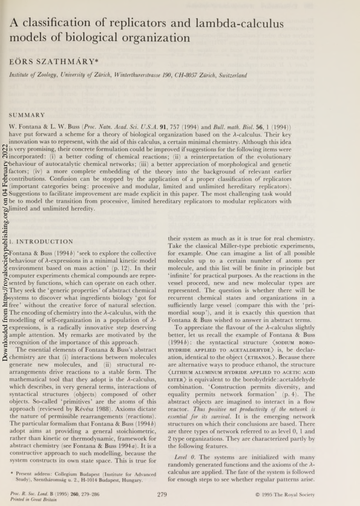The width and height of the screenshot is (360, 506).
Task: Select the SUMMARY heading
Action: [x=27, y=114]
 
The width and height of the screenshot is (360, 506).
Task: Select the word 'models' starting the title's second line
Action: [x=28, y=38]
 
